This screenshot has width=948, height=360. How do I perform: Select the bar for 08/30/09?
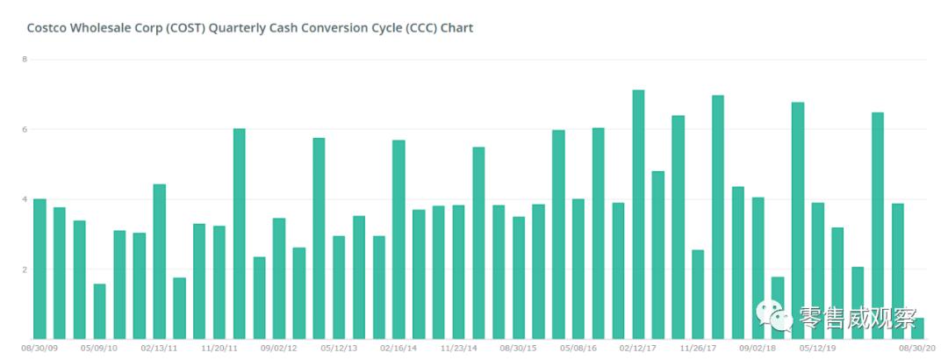pos(39,269)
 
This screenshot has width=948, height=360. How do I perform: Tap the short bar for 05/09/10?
pos(99,311)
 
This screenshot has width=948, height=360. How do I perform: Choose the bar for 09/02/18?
pos(758,268)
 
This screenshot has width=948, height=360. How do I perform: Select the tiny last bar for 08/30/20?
pos(917,328)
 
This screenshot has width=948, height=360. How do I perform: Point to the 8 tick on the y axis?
pos(25,60)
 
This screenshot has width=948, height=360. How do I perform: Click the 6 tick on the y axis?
pos(25,129)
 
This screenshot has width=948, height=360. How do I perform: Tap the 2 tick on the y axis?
pos(25,270)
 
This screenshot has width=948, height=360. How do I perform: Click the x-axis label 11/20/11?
pos(219,348)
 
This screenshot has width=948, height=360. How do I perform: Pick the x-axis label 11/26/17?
pos(699,348)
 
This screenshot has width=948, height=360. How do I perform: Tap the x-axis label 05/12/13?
pos(339,348)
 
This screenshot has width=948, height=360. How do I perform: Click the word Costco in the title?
pos(47,28)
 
